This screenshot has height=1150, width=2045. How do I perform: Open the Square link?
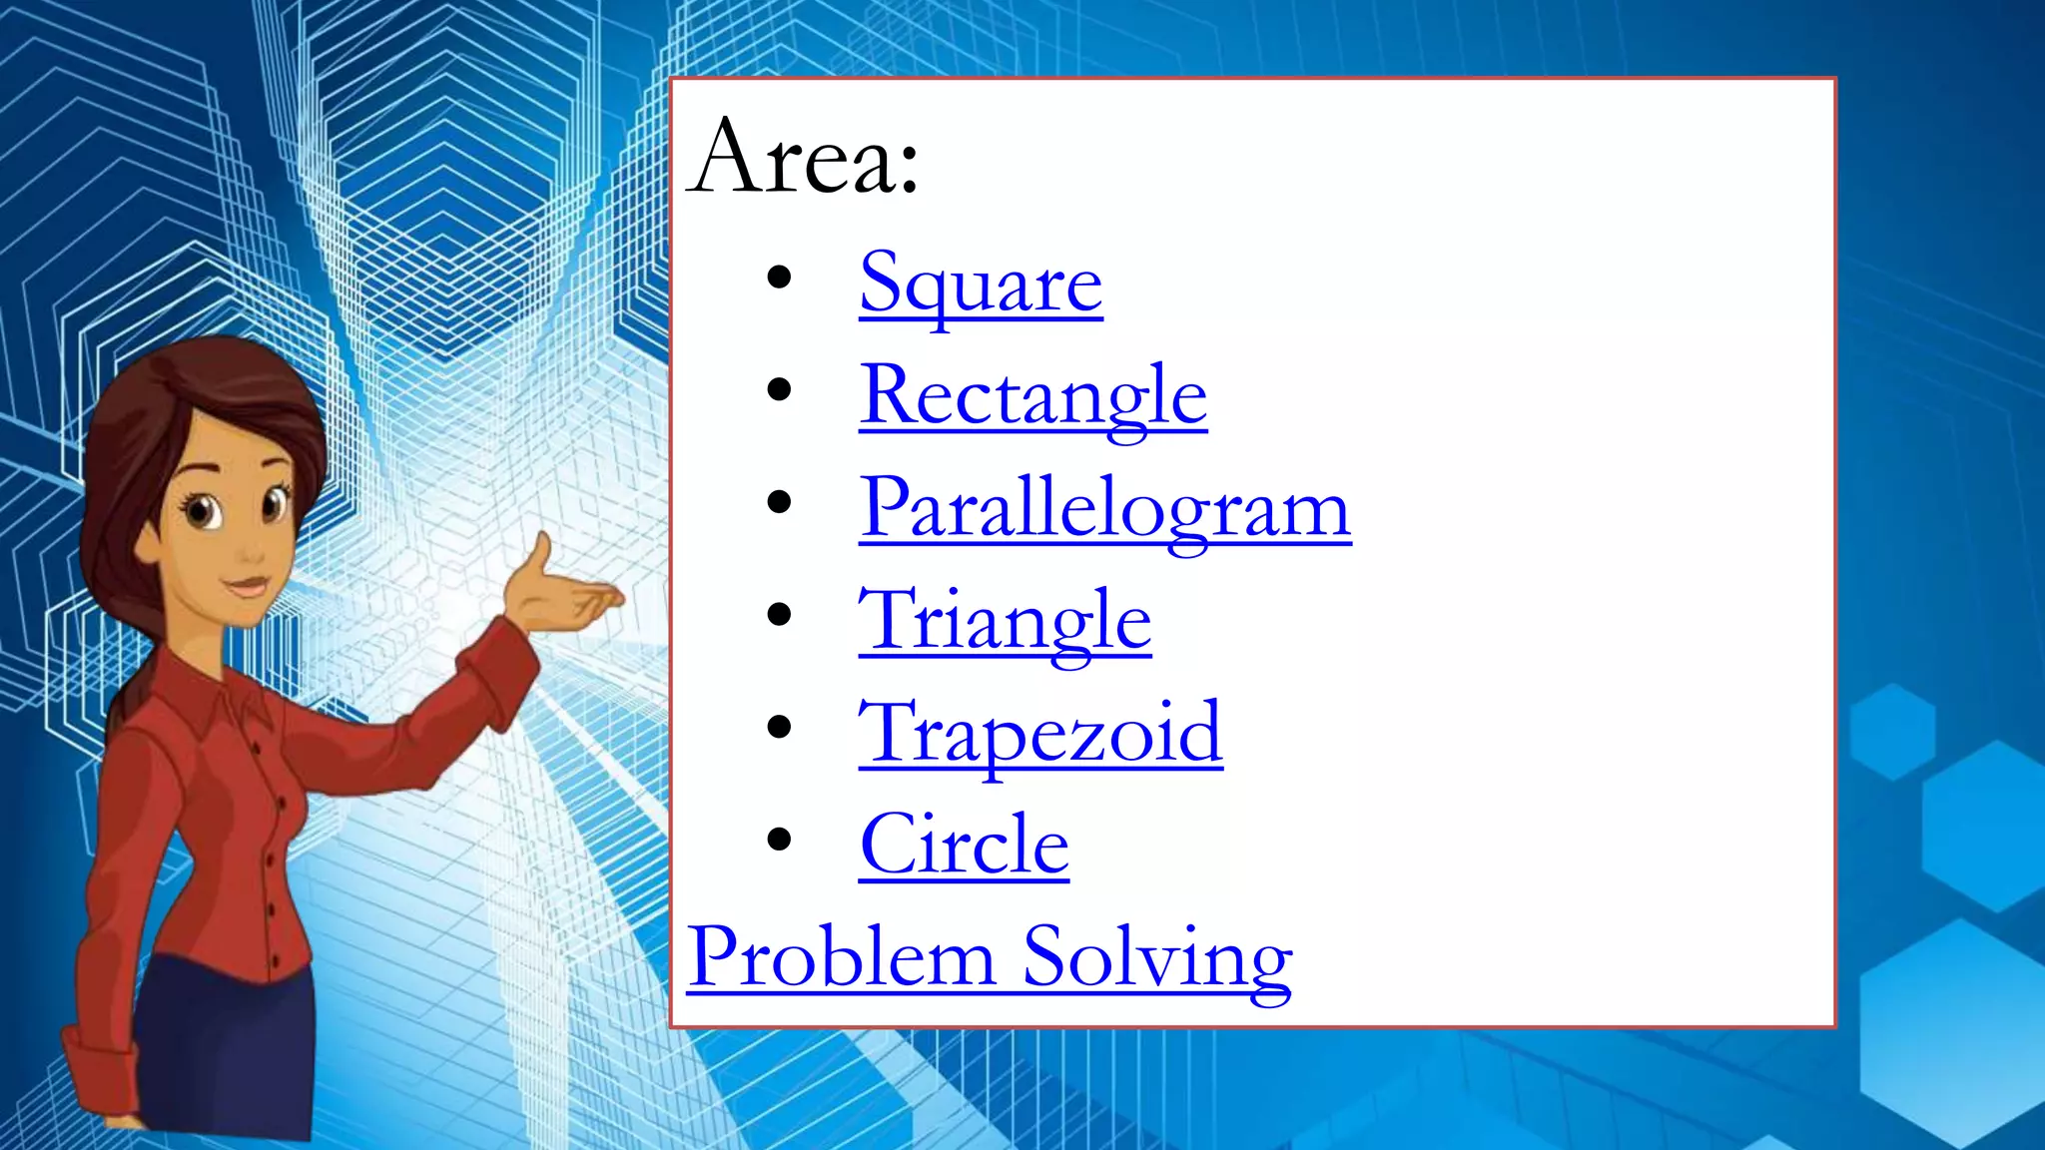(981, 284)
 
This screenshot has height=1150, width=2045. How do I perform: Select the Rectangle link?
(1032, 396)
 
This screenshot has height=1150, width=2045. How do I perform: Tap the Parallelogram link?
(1104, 508)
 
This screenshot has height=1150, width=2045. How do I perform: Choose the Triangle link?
(1005, 621)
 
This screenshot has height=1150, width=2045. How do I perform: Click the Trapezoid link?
(1040, 734)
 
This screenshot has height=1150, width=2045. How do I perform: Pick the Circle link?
(964, 846)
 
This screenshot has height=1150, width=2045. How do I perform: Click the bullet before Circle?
(779, 840)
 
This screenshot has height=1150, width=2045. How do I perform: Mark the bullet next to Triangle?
(779, 615)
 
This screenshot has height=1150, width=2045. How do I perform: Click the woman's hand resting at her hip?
(100, 1078)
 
